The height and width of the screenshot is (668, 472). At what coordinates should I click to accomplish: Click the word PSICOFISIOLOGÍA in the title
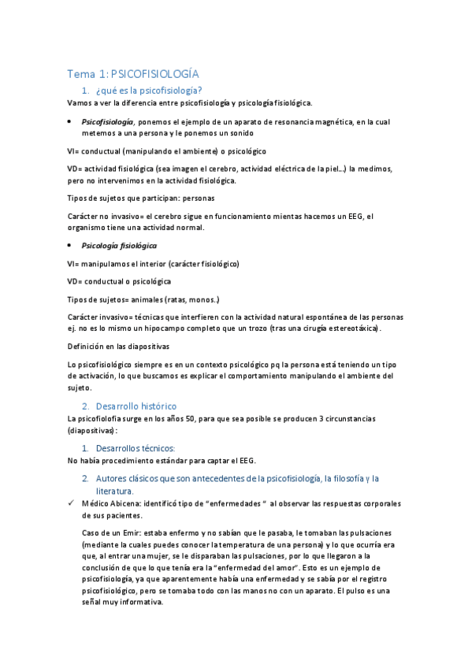(x=154, y=74)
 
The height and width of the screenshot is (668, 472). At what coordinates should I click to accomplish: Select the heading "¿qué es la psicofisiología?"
(x=147, y=91)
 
